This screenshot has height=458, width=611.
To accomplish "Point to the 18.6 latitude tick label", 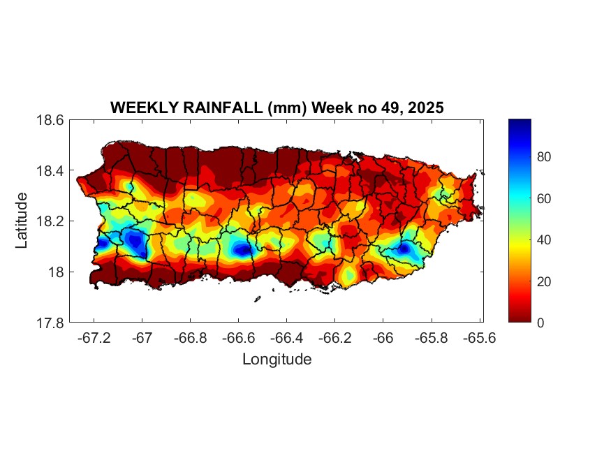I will tap(50, 120).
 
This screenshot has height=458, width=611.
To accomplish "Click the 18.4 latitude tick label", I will tap(50, 171).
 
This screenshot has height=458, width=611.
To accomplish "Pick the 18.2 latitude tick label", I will tap(50, 221).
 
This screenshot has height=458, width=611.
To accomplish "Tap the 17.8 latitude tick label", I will tap(50, 323).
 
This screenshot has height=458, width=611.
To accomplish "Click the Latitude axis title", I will tap(22, 221).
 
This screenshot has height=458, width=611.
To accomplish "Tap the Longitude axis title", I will tap(277, 360).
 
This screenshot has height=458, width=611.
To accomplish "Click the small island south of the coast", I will tap(257, 299).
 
